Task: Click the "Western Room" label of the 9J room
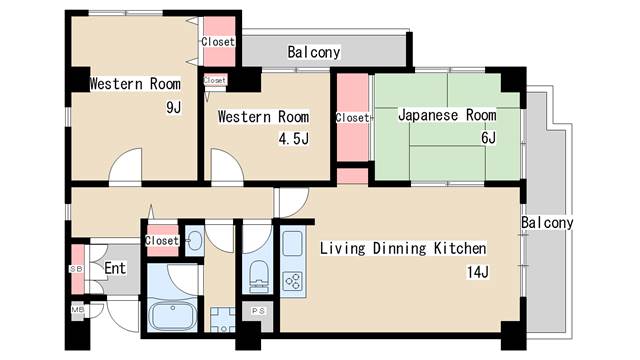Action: (135, 83)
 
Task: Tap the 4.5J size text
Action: (292, 138)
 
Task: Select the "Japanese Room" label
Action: (446, 115)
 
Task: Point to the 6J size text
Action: (488, 138)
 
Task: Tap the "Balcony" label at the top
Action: (314, 51)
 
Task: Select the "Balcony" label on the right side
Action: (547, 222)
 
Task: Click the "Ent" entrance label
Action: (115, 268)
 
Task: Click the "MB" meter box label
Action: (76, 311)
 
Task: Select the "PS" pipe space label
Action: (258, 311)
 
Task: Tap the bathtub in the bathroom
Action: (175, 318)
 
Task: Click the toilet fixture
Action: (258, 271)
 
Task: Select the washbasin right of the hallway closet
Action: (194, 240)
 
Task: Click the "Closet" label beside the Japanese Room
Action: (352, 117)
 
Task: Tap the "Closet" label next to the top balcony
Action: (218, 42)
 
